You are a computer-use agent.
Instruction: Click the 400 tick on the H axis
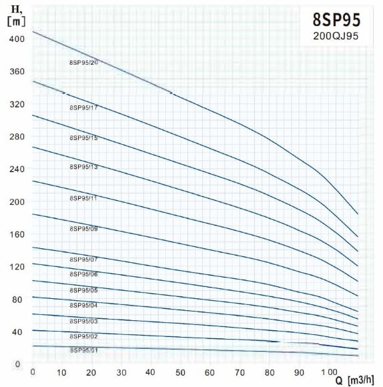coord(17,39)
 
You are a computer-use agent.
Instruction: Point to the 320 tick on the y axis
coord(17,104)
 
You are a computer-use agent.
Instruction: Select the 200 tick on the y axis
coord(17,202)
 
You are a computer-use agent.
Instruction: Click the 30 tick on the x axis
coord(121,371)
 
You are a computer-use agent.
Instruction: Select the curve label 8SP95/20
coord(83,63)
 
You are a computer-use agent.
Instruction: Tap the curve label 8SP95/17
coord(83,107)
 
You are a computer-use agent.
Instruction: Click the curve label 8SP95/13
coord(83,167)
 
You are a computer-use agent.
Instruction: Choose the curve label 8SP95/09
coord(83,229)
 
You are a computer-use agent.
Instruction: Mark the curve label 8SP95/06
coord(83,274)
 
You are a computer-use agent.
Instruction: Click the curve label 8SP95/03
coord(83,321)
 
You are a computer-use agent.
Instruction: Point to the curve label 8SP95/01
coord(83,350)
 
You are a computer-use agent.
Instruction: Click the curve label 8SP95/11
coord(83,198)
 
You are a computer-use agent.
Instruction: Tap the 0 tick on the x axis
coord(33,371)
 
